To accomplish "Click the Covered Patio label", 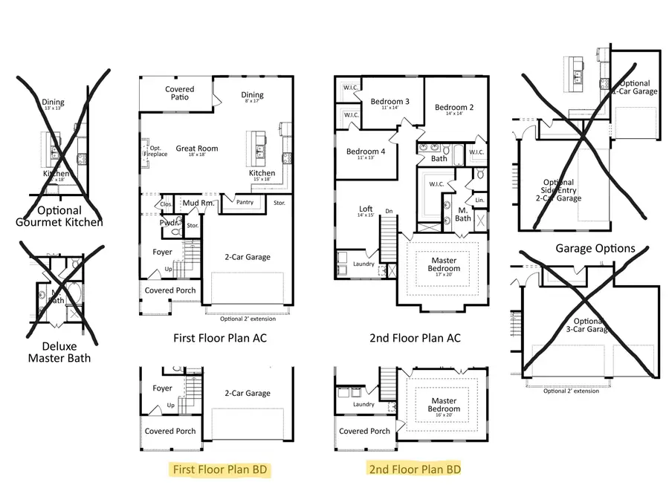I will [x=179, y=93].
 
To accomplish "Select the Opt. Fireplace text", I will [x=155, y=151].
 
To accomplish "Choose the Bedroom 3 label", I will [x=390, y=102].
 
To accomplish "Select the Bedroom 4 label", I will [x=365, y=153].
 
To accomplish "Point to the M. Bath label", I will [x=462, y=214].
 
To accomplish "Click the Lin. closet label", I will [x=479, y=200].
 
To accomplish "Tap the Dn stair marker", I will [x=389, y=212].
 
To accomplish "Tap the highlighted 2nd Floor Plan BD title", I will [x=415, y=469].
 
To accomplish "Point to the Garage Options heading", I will [x=595, y=248].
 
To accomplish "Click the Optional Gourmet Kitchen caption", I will [x=59, y=216].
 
